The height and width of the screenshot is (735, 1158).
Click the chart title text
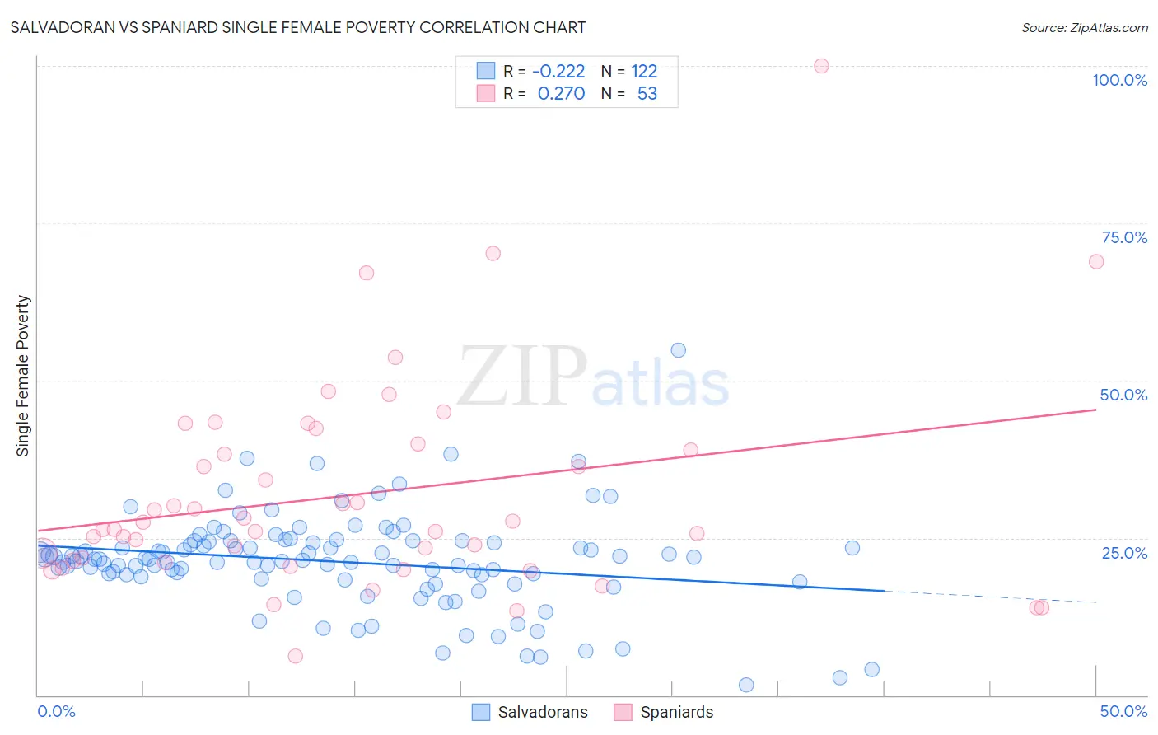[x=298, y=27]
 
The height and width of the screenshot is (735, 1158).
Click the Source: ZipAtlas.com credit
[x=1084, y=27]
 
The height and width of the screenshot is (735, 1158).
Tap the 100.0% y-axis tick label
[x=1119, y=80]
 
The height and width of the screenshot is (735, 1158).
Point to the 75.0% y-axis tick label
[x=1124, y=237]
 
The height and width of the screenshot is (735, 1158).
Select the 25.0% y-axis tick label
[x=1124, y=552]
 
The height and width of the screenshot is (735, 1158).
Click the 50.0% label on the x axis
[x=1123, y=711]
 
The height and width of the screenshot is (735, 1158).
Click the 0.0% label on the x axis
[x=56, y=711]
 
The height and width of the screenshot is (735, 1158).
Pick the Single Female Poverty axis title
[x=23, y=376]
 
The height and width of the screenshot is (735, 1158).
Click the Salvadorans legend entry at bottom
[x=530, y=712]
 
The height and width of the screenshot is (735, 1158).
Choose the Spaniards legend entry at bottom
[x=665, y=712]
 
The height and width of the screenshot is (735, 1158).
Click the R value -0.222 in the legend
[x=558, y=72]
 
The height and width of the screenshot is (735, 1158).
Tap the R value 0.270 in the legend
[x=561, y=94]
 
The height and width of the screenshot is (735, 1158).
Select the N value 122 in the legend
[x=644, y=72]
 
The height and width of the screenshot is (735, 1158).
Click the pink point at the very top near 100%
[x=821, y=66]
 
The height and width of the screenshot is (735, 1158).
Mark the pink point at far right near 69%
[x=1095, y=261]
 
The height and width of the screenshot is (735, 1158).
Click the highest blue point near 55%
[x=678, y=350]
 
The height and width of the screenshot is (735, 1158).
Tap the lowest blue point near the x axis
[x=746, y=685]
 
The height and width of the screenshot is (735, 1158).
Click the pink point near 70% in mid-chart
[x=493, y=253]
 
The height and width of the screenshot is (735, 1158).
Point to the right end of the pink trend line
[x=1095, y=409]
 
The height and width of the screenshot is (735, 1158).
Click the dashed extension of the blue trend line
[x=988, y=597]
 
